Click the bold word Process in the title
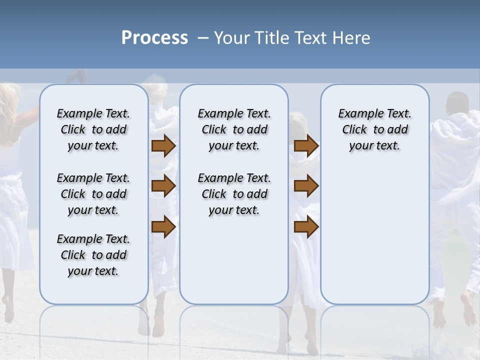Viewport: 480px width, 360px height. [x=154, y=38]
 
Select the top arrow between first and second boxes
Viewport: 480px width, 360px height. [x=163, y=146]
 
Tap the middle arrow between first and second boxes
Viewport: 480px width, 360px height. [x=163, y=186]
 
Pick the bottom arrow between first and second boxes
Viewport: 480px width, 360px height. [x=163, y=227]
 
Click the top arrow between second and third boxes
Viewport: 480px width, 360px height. [x=306, y=146]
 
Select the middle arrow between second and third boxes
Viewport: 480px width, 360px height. [x=306, y=186]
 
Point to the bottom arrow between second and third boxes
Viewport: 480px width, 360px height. [x=306, y=227]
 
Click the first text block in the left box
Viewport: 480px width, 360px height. [x=93, y=129]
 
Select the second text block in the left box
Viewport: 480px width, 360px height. [x=93, y=194]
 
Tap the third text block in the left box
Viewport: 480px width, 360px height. [x=93, y=255]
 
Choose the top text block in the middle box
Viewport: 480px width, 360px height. [x=234, y=129]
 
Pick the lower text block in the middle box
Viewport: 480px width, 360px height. [x=234, y=194]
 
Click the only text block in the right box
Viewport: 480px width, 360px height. [x=374, y=129]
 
